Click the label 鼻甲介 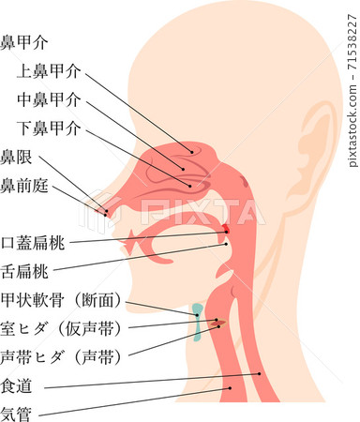pos(24,42)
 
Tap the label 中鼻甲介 pos(49,98)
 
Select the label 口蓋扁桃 pos(33,242)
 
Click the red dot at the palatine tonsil pos(227,231)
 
